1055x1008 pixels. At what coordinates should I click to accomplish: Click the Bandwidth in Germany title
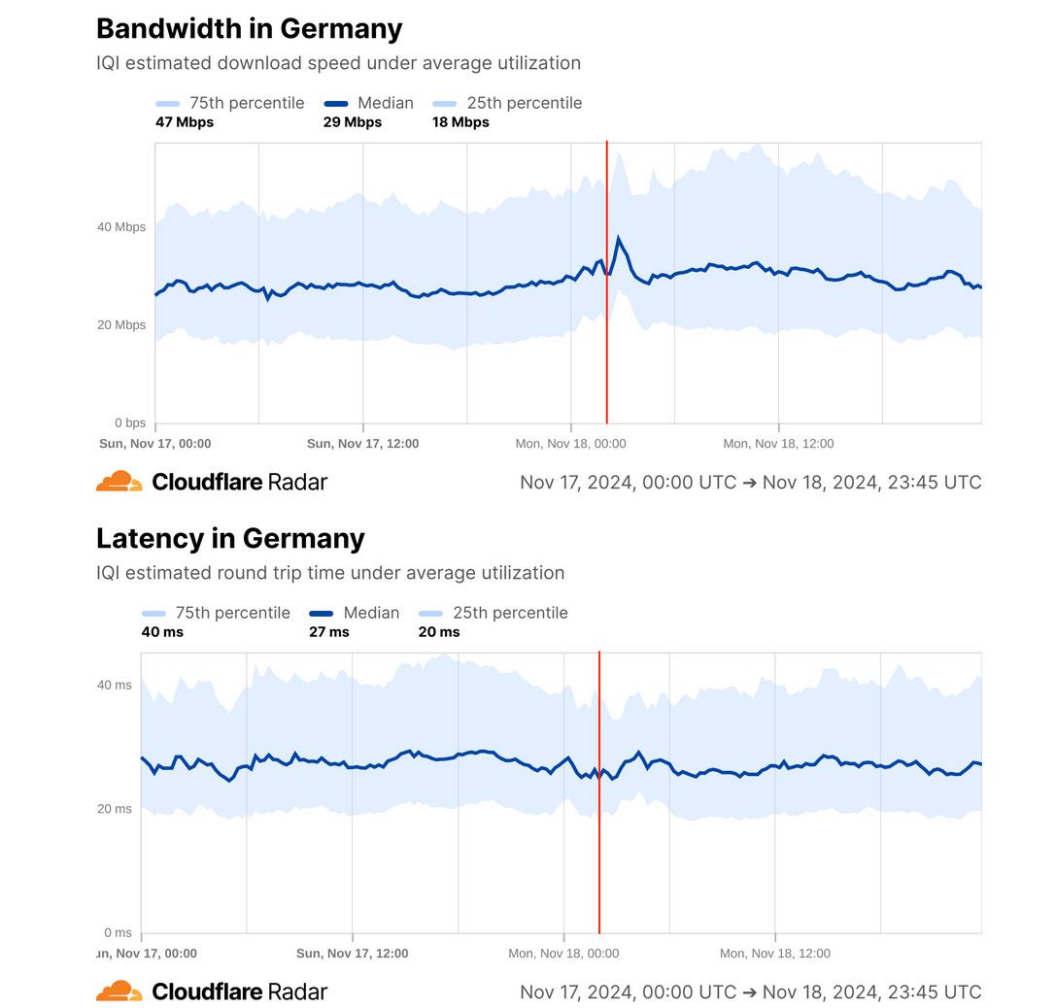(x=249, y=29)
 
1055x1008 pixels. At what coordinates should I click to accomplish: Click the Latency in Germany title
(x=230, y=538)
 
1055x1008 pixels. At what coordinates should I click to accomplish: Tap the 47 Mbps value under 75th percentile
(x=185, y=122)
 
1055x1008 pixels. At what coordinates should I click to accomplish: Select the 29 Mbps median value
(x=353, y=122)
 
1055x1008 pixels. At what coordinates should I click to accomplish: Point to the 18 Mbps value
(x=460, y=122)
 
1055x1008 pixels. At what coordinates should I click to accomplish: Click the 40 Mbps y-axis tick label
(x=121, y=227)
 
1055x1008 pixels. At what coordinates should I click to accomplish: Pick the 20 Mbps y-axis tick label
(x=121, y=325)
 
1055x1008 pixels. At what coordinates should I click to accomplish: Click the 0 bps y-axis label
(x=130, y=423)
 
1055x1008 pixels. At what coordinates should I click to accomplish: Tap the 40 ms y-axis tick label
(x=115, y=685)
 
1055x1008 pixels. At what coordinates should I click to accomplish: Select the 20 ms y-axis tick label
(x=115, y=809)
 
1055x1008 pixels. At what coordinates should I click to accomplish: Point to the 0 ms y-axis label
(x=118, y=933)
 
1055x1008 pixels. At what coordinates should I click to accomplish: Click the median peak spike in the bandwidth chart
(x=619, y=238)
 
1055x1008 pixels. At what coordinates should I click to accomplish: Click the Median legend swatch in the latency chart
(x=321, y=614)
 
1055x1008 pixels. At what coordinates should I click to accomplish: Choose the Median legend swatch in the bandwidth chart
(x=335, y=104)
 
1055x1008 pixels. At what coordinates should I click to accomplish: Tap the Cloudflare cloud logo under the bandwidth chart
(x=119, y=482)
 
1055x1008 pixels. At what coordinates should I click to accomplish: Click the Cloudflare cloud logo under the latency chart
(x=119, y=991)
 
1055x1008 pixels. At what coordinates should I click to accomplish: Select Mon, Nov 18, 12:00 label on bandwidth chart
(x=778, y=444)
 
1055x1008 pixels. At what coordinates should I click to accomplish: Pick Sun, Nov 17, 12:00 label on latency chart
(x=352, y=954)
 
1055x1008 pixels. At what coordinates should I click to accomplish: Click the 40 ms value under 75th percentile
(x=162, y=632)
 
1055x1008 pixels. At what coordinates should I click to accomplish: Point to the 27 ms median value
(x=329, y=632)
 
